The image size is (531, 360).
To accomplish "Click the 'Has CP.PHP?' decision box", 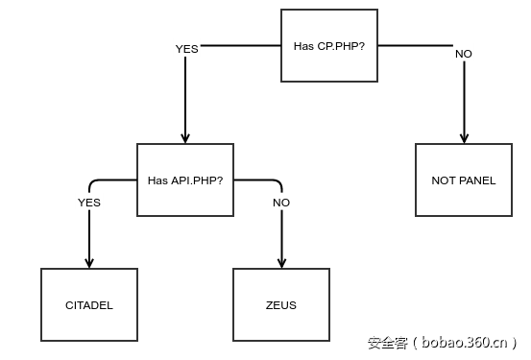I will coord(328,45).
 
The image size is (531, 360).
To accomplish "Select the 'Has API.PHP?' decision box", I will coord(185,180).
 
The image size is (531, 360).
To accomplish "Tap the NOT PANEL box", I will coord(464,180).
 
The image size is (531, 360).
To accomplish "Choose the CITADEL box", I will coord(89,305).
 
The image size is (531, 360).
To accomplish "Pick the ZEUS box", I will coord(281,305).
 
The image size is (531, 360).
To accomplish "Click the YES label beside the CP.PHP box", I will coord(186,48).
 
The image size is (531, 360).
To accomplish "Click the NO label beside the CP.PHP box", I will coord(464,54).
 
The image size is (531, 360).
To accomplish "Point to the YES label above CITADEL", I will coord(89,203).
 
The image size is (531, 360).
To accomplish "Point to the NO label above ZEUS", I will coord(281,203).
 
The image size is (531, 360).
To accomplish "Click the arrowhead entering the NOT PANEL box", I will coord(464,137).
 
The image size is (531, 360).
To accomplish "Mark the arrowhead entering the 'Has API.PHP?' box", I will coord(185,137).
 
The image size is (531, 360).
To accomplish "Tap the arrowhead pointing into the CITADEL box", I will coord(89,262).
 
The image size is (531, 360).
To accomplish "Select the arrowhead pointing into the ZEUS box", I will coord(281,262).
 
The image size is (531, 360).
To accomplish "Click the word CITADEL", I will coord(89,305).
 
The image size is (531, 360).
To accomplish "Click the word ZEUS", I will coord(281,305).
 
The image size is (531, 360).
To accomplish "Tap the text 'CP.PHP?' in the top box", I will coord(341,45).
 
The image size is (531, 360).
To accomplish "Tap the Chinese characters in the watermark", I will coord(388,342).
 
